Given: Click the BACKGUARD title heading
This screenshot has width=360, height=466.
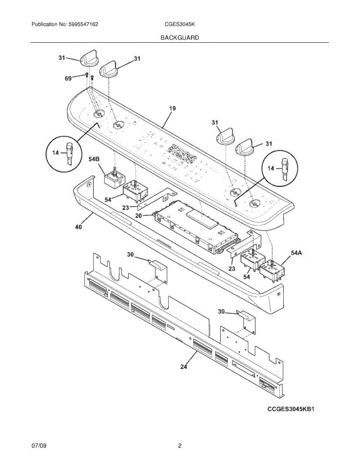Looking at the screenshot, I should point(180,38).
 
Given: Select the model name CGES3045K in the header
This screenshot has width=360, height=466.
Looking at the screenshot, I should point(179,24).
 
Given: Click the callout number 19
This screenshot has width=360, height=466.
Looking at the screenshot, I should point(172,109).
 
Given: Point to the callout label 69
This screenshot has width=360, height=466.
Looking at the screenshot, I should point(68,78).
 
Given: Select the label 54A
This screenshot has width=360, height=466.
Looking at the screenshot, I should point(296,253).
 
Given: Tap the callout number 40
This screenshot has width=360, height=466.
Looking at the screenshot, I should point(78,228).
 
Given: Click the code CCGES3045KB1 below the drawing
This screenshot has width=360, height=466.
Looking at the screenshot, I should point(290,409).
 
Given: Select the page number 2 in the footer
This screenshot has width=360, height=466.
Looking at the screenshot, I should point(180,446).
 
